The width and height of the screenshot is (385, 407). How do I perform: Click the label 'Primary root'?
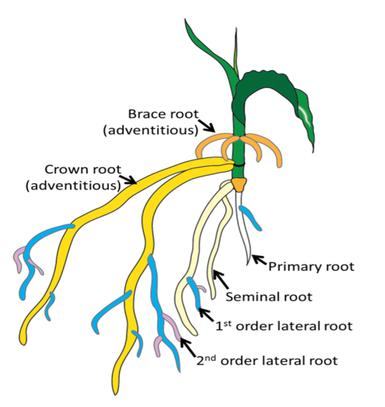pos(311,266)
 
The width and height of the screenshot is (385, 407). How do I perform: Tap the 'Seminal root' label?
pos(269,296)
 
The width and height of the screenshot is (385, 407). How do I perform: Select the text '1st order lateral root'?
pos(284,326)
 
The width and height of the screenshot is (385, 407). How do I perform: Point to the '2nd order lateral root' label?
pos(266,360)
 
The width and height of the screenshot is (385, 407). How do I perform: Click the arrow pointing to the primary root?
pos(259,260)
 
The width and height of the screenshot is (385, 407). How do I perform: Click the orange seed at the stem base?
pos(238,184)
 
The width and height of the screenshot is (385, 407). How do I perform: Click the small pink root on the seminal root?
pos(201,289)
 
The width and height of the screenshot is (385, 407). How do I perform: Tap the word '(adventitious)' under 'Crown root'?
pos(73,186)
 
